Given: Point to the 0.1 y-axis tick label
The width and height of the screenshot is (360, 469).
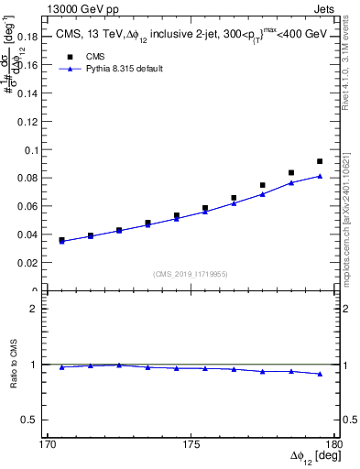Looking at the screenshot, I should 33,150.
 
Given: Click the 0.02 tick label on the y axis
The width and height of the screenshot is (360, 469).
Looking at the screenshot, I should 29,263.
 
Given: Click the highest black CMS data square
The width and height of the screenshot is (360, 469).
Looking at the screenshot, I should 320,161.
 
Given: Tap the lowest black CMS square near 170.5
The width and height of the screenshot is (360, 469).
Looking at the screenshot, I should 61,240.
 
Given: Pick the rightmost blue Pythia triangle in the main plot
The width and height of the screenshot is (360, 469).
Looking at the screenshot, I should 320,176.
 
